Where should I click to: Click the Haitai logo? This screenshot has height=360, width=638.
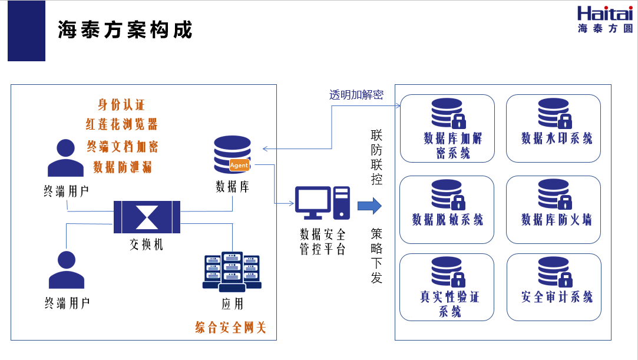click(x=604, y=19)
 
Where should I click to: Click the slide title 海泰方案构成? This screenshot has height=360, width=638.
click(x=125, y=29)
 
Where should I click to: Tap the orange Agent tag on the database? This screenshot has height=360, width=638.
click(x=239, y=165)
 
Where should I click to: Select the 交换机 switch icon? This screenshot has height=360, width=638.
click(x=147, y=216)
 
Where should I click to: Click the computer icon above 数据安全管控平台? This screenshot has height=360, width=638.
click(x=322, y=203)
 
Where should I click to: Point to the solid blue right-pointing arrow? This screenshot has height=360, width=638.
click(x=369, y=206)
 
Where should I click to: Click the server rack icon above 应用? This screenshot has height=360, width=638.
click(x=232, y=272)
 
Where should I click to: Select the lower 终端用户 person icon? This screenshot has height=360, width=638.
click(x=66, y=270)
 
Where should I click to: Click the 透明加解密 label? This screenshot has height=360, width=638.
click(x=356, y=95)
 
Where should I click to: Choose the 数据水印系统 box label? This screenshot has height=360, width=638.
click(x=557, y=138)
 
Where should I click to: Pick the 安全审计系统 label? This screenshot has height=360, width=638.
click(x=557, y=297)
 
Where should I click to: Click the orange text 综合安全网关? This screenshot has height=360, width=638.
click(x=230, y=327)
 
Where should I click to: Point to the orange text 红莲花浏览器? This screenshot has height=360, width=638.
click(x=121, y=124)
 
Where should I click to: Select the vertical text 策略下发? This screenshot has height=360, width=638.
click(x=376, y=256)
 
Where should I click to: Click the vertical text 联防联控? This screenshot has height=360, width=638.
click(x=376, y=156)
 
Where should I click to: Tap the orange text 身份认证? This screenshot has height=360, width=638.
click(x=121, y=105)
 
